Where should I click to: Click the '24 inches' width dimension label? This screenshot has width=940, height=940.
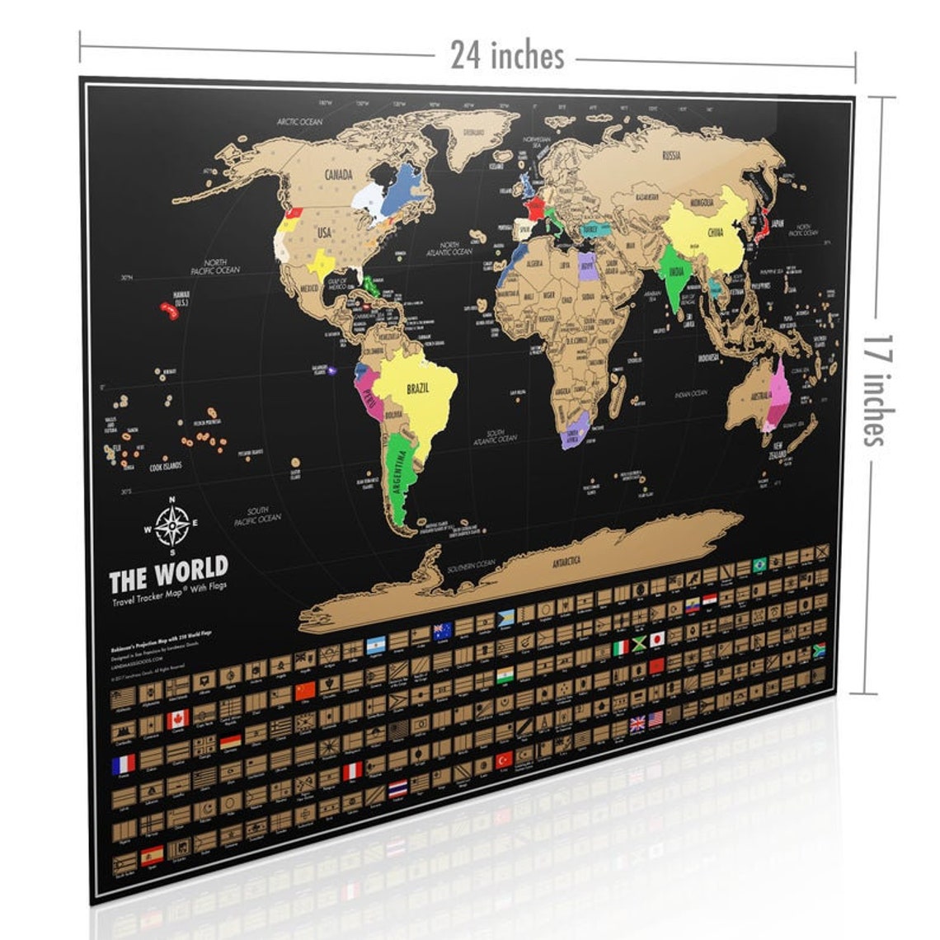(507, 56)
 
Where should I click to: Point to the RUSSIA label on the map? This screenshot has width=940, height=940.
(670, 154)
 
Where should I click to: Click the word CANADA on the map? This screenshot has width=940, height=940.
(337, 175)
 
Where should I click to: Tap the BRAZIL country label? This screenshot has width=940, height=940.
(421, 388)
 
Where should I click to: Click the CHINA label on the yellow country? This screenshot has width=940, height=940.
(713, 233)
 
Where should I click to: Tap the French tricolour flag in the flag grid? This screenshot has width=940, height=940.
(123, 764)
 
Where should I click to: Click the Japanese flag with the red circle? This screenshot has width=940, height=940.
(657, 639)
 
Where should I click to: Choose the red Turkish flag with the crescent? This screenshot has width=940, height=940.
(503, 758)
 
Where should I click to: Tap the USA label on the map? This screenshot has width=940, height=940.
(324, 233)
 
